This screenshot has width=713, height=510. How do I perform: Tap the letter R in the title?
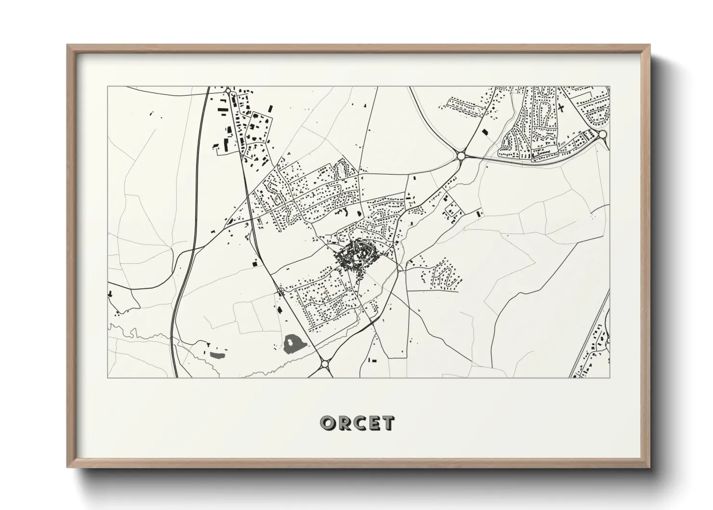click(x=343, y=423)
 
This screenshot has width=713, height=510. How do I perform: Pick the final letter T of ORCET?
click(x=388, y=423)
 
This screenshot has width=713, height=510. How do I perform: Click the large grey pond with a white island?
click(x=293, y=344)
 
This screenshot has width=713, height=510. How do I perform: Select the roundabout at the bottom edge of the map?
click(x=324, y=364)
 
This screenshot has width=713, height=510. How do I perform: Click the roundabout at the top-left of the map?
click(x=228, y=90)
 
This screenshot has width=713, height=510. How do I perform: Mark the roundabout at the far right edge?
click(x=602, y=134)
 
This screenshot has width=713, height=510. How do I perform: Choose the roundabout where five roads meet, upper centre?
click(x=461, y=156)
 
